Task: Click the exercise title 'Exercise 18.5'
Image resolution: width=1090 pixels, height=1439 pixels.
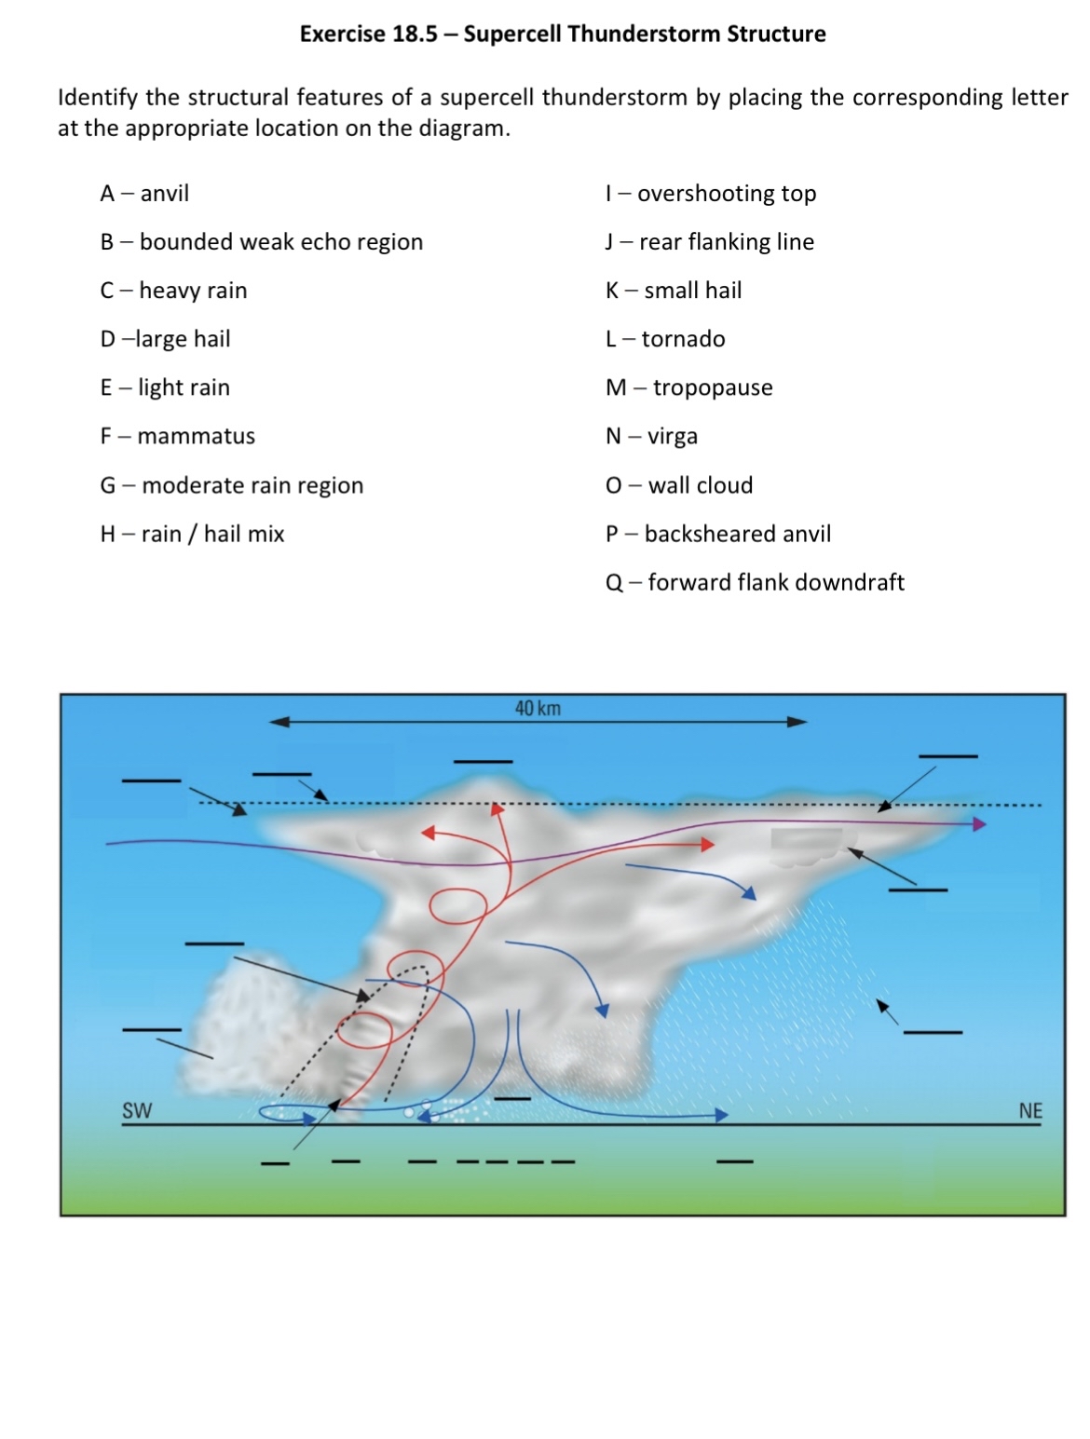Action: [368, 34]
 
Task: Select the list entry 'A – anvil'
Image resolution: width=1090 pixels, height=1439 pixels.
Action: [144, 194]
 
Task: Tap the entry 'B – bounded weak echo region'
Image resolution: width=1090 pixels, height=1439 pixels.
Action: [261, 242]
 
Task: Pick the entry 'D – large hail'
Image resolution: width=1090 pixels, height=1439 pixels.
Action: [165, 339]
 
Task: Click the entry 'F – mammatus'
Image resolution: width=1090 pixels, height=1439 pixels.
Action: [177, 436]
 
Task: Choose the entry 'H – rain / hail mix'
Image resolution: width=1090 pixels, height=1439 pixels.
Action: [192, 534]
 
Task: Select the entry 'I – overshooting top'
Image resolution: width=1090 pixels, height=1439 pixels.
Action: [710, 194]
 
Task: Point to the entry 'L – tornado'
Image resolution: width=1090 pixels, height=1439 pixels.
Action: [664, 339]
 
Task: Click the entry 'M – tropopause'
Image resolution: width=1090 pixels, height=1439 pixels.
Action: [688, 387]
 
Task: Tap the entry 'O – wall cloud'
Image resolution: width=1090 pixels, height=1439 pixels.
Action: [678, 485]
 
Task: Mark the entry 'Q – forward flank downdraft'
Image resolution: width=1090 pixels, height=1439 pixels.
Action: [754, 583]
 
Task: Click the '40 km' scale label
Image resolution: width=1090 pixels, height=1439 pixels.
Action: [538, 709]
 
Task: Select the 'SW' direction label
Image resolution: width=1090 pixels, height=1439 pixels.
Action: [136, 1110]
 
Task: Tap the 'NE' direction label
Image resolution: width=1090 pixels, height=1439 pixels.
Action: [1029, 1110]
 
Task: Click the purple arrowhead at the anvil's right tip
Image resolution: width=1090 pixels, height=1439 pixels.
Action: [979, 824]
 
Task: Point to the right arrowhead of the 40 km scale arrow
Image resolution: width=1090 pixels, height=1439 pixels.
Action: [797, 722]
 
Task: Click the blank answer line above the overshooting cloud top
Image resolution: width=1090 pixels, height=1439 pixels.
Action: [483, 762]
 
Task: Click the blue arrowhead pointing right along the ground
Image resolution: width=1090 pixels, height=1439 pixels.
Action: [721, 1115]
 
